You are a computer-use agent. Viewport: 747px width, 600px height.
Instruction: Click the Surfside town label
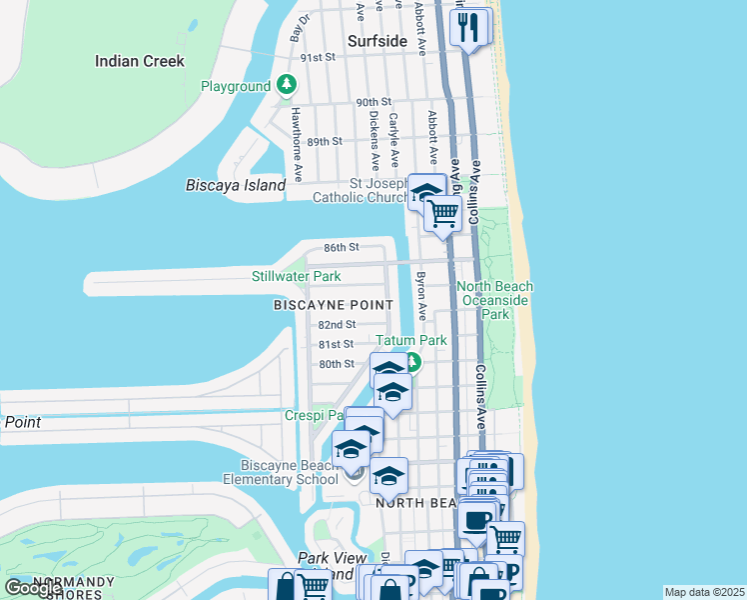(377, 41)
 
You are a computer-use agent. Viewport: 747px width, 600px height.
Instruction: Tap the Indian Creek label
(140, 61)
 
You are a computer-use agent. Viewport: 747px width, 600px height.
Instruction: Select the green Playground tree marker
(288, 86)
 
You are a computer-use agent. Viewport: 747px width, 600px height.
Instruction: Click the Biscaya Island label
(236, 185)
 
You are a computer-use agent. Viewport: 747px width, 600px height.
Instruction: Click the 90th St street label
(373, 103)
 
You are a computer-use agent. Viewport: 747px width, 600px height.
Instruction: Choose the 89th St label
(325, 142)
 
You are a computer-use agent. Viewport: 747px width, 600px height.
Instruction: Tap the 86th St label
(341, 247)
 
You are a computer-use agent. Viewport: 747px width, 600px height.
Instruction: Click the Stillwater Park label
(296, 276)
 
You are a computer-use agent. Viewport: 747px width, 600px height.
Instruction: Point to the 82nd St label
(337, 325)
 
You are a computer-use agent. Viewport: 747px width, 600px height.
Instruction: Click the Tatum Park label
(411, 340)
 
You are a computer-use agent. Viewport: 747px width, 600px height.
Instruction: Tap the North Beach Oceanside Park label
(495, 300)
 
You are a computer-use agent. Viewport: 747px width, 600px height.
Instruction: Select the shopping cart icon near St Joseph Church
(442, 212)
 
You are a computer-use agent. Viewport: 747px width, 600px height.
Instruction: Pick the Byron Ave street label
(421, 296)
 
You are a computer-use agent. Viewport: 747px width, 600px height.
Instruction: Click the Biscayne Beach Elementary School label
(290, 472)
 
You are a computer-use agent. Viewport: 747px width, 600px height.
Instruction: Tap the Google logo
(34, 588)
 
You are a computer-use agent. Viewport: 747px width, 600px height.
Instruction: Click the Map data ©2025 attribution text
(704, 592)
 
